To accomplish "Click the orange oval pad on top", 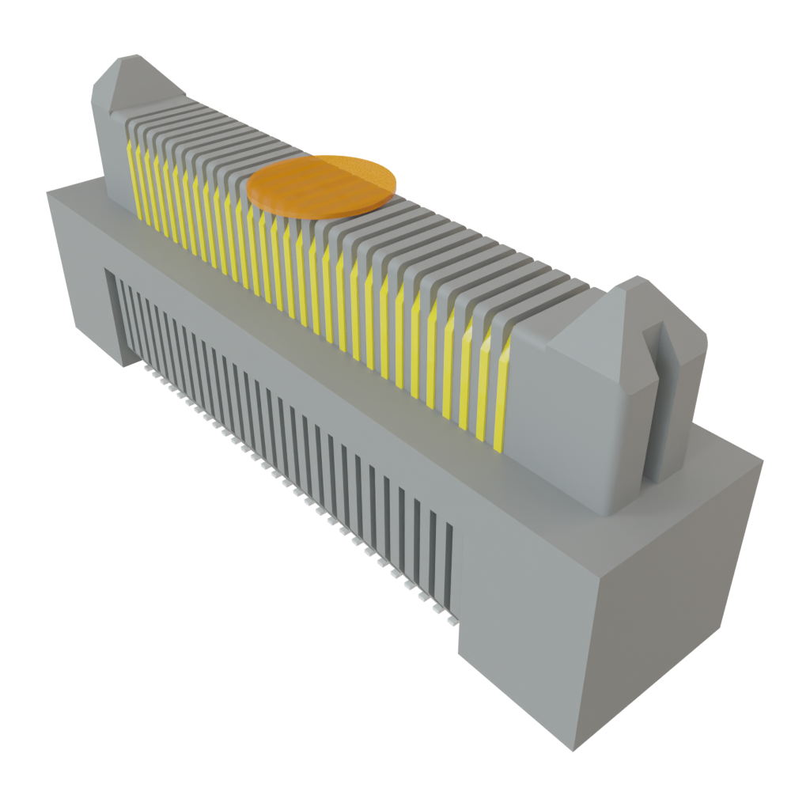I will pos(321,186).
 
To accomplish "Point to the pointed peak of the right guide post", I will pos(633,281).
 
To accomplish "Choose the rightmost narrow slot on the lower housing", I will pos(449,562).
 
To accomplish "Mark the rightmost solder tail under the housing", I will pos(452,622).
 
